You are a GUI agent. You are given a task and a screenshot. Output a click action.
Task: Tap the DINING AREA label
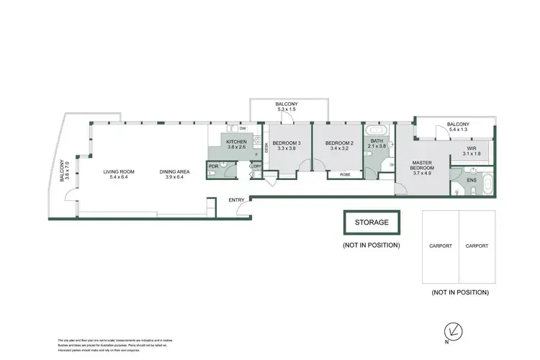pos(177,171)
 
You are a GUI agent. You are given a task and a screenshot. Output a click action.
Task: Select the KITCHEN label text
pos(236,142)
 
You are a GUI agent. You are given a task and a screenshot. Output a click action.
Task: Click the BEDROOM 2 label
pos(338,143)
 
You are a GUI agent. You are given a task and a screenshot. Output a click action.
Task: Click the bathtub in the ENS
pos(487,186)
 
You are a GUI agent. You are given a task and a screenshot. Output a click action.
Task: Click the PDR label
pos(212,166)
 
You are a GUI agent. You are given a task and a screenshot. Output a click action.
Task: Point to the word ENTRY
pos(236,199)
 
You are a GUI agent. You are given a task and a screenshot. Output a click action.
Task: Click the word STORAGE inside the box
pos(372,222)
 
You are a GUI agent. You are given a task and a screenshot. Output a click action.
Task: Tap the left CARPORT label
pos(440,246)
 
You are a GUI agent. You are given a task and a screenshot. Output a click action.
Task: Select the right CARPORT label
pos(477,246)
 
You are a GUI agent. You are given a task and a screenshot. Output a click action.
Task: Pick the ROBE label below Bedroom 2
pos(345,174)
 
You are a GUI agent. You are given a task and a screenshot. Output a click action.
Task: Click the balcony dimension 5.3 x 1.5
pos(286,110)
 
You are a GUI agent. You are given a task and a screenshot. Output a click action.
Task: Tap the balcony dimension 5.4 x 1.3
pos(457,130)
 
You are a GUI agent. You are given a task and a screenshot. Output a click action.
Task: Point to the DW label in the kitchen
pos(222,128)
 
